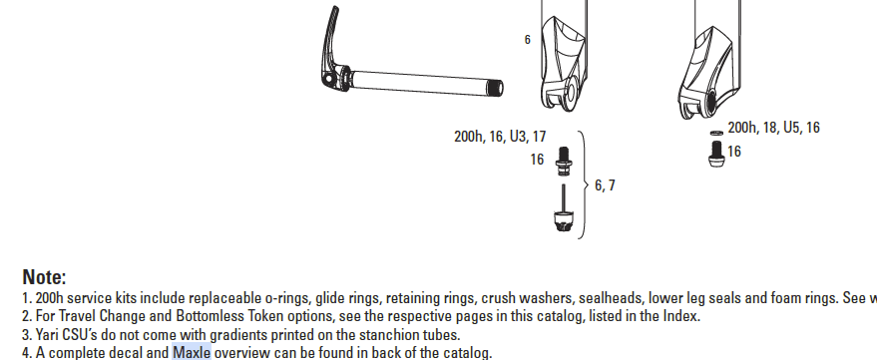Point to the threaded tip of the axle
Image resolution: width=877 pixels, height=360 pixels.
click(496, 88)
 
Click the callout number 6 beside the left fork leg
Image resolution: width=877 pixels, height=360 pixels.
click(527, 40)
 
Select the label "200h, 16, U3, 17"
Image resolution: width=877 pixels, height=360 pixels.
click(500, 137)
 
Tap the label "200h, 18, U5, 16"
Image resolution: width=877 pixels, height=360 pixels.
click(773, 128)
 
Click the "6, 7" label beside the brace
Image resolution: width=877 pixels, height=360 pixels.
click(605, 185)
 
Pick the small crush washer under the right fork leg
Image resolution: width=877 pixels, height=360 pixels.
click(716, 133)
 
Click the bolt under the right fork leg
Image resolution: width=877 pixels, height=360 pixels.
click(716, 154)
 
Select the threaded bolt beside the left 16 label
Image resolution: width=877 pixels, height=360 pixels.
click(564, 162)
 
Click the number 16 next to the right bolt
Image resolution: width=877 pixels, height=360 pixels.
click(734, 152)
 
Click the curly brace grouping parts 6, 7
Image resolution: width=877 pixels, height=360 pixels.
click(583, 185)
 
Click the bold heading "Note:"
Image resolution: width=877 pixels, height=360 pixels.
click(44, 277)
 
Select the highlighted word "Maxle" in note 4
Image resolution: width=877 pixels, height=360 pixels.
click(192, 353)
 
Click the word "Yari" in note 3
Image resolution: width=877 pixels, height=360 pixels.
click(47, 335)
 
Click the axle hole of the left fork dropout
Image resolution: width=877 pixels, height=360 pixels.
click(571, 91)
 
